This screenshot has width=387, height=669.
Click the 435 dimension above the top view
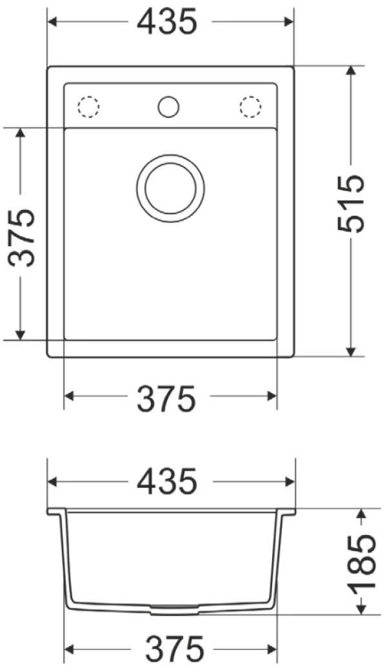167,22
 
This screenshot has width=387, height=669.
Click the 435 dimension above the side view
167,481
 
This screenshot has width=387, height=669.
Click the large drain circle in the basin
171,188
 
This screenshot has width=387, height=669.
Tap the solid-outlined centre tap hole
168,106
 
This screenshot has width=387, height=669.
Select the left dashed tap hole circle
88,106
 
